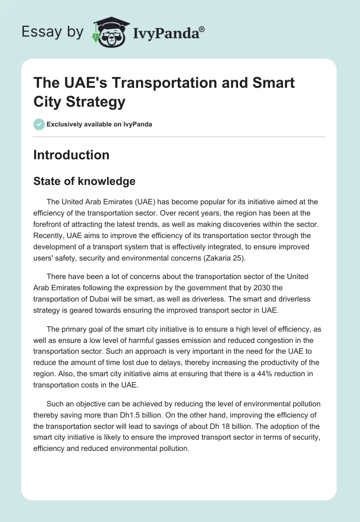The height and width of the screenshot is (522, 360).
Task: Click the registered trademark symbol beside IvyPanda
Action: [x=202, y=29]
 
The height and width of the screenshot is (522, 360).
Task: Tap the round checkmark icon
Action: [x=39, y=124]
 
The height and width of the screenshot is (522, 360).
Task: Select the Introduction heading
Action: [x=71, y=155]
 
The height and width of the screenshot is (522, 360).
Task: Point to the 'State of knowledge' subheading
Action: [x=84, y=181]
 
